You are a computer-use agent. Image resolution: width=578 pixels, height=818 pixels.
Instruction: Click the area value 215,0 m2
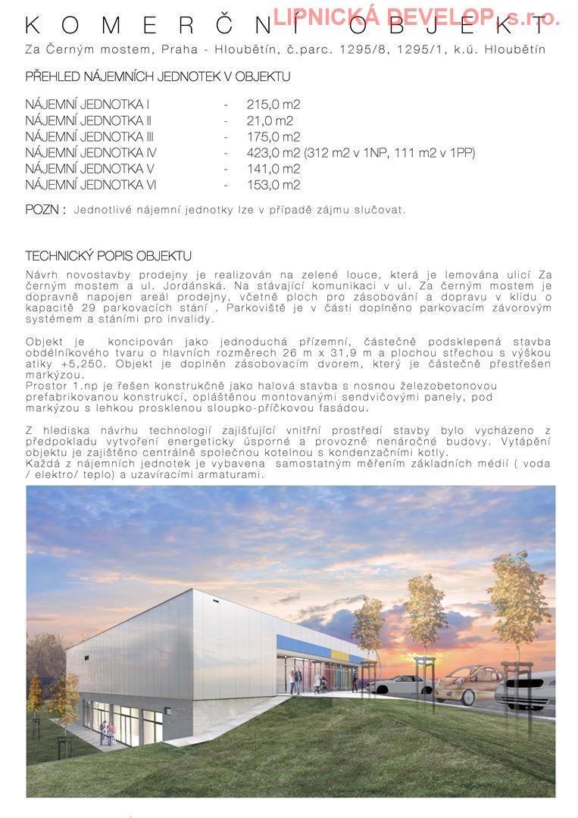click(273, 105)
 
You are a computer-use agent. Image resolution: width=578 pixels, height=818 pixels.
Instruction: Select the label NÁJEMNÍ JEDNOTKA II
click(89, 120)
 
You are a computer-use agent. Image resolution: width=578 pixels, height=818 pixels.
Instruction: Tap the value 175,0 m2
click(273, 137)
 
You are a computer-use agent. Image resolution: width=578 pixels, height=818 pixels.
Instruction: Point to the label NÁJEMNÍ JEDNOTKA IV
click(91, 153)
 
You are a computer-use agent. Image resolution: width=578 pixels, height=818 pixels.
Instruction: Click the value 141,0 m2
click(273, 169)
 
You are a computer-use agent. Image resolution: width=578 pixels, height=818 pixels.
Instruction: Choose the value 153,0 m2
click(273, 185)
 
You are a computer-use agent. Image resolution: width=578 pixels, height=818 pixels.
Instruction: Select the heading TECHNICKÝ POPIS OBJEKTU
click(108, 256)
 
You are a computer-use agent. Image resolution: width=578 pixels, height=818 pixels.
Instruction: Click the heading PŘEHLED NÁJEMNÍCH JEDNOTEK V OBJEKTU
click(158, 76)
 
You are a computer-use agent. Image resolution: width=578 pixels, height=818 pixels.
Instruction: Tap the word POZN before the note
click(43, 209)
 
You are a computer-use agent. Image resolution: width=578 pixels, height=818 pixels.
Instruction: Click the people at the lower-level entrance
click(107, 732)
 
